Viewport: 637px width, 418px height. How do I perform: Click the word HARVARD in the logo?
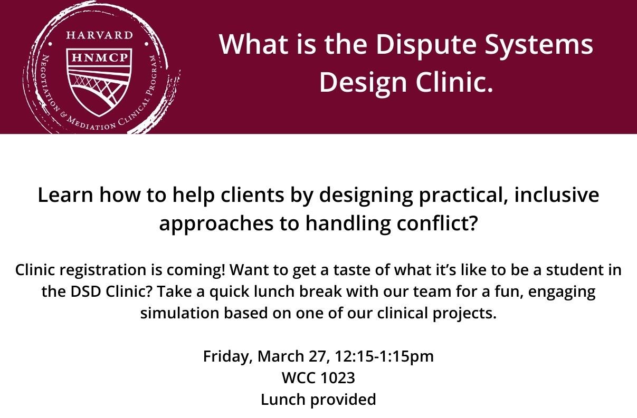100,35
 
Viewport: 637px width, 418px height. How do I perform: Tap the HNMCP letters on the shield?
100,57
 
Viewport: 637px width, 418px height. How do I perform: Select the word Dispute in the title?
426,45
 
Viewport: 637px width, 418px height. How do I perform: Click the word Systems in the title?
539,45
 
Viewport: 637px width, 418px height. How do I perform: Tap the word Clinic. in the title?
454,82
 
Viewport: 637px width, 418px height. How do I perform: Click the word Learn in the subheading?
65,196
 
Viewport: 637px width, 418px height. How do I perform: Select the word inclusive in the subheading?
557,196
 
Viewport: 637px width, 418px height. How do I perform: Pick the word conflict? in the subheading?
436,223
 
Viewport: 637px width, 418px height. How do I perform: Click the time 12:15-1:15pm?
384,357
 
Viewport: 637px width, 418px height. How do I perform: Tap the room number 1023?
338,378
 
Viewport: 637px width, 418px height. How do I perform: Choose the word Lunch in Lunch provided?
283,400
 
